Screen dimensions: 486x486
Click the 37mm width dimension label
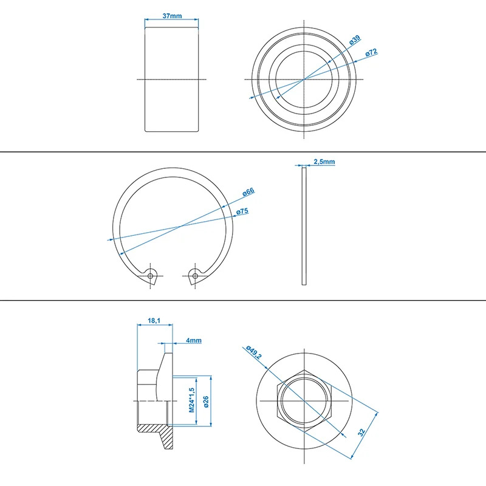click(172, 16)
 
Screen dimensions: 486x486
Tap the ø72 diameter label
click(371, 52)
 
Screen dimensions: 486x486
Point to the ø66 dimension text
click(248, 192)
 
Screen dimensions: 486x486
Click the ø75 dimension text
click(242, 211)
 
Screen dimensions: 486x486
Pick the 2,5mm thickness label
click(324, 162)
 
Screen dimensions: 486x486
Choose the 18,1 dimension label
click(154, 320)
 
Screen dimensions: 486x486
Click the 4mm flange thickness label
click(194, 340)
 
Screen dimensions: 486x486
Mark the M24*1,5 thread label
click(191, 400)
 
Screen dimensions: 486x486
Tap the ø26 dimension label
click(206, 402)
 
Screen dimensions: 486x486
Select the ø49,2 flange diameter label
click(254, 352)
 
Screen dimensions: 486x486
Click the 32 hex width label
click(361, 432)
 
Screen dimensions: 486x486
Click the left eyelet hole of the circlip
click(151, 276)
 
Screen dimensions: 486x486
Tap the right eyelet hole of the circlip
click(195, 276)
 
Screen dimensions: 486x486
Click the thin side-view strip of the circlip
click(304, 225)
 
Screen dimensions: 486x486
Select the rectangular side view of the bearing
click(172, 80)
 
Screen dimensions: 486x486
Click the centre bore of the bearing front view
click(304, 80)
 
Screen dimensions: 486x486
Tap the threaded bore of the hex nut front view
click(304, 401)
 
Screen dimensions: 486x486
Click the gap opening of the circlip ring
click(173, 276)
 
